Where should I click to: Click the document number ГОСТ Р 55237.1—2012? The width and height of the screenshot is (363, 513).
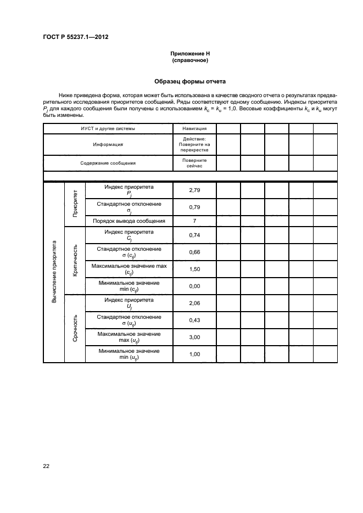[x=75, y=37]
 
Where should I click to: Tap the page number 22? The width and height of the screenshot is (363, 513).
[x=47, y=466]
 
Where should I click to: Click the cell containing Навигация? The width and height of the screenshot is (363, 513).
[x=194, y=128]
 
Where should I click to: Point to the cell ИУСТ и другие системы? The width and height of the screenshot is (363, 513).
[x=108, y=128]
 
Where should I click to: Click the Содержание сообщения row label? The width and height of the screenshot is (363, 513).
[x=108, y=163]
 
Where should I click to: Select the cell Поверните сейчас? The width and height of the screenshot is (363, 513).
[x=194, y=163]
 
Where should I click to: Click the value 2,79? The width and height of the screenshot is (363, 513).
[x=194, y=190]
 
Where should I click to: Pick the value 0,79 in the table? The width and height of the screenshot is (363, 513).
[x=194, y=207]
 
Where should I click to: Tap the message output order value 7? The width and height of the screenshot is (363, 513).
[x=194, y=221]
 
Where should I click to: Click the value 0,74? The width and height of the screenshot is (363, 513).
[x=194, y=235]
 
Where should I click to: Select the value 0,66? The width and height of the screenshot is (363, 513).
[x=194, y=252]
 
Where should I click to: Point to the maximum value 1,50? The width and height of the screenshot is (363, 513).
[x=194, y=269]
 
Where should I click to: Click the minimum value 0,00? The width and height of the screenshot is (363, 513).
[x=194, y=286]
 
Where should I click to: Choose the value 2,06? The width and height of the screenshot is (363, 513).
[x=194, y=303]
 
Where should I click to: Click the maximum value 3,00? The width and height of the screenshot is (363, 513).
[x=194, y=337]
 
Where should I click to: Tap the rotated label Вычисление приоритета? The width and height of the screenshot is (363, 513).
[x=54, y=272]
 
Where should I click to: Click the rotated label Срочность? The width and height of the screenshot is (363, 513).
[x=75, y=328]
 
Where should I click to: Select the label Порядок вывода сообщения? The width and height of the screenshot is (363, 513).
[x=129, y=221]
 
